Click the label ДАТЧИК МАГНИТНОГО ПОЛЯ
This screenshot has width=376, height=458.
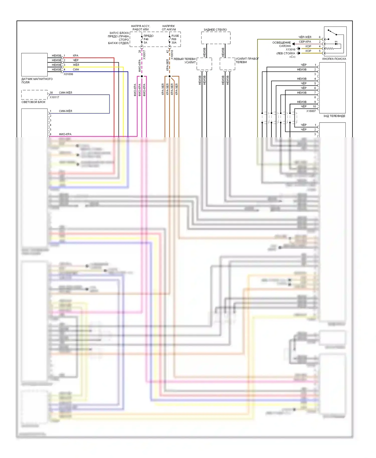point(37,81)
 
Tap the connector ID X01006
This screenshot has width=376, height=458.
point(68,74)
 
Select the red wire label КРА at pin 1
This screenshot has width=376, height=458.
point(75,56)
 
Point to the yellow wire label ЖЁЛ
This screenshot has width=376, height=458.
point(76,65)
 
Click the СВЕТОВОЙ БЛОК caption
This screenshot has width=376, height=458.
point(33,102)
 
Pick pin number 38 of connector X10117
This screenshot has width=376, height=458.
point(51,93)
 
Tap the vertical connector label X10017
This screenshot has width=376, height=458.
point(144,55)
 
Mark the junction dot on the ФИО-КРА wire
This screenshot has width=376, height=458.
point(142,76)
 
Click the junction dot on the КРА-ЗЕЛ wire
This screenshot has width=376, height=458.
point(170,76)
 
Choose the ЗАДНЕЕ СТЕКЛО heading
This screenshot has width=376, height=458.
point(215,30)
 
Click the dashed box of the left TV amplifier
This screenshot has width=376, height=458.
point(204,64)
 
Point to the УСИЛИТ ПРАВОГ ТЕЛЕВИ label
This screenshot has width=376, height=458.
point(247,60)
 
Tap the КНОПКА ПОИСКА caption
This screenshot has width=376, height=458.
point(334,59)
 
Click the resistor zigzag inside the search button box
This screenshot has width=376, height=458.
point(329,48)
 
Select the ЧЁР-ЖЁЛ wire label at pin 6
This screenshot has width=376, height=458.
point(305,37)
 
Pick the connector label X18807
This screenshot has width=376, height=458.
point(311,111)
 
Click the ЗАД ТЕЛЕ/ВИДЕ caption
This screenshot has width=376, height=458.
point(334,116)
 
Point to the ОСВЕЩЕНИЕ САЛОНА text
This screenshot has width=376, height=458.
point(282,44)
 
